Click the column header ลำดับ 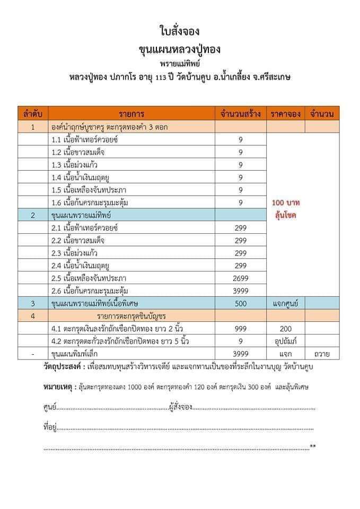tap(33, 114)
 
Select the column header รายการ tap(131, 114)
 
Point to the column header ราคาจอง tap(285, 114)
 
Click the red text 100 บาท tap(285, 203)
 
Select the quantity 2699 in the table tap(240, 278)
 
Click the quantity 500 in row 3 tap(240, 303)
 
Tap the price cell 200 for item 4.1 tap(285, 329)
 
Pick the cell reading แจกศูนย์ tap(285, 303)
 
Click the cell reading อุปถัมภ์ tap(285, 341)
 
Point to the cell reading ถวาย tap(322, 354)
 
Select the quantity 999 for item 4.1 tap(240, 329)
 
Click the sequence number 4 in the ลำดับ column tap(33, 316)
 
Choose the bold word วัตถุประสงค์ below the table tap(63, 367)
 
